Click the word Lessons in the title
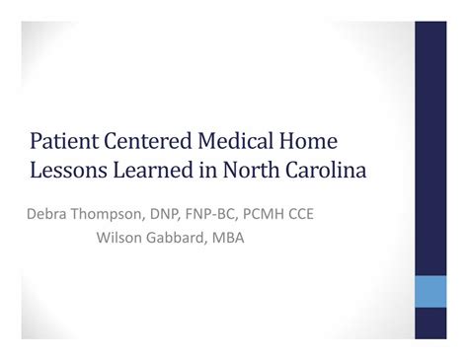coord(66,170)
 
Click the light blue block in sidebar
coord(430,291)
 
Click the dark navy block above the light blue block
coord(430,148)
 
